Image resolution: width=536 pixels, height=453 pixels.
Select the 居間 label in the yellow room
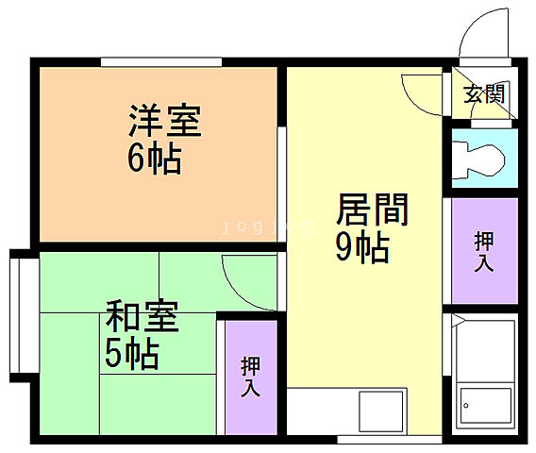tap(372, 210)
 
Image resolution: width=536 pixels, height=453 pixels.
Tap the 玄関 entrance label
tap(484, 93)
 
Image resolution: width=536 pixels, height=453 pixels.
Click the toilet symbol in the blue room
tap(476, 158)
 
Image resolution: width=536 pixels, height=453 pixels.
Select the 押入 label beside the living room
tap(484, 250)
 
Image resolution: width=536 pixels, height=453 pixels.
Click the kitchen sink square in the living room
tap(380, 411)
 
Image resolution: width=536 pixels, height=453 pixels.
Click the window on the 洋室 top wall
tap(161, 62)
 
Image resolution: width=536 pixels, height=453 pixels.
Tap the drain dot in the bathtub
tap(465, 407)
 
